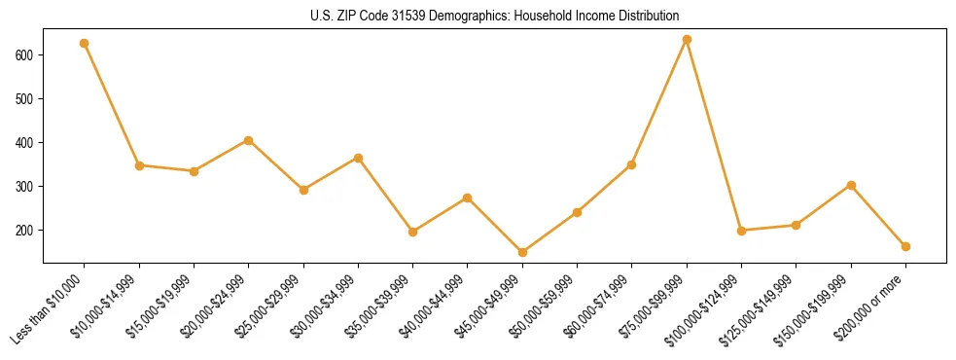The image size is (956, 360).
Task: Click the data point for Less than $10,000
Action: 85,43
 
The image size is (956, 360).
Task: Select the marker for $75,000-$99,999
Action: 687,39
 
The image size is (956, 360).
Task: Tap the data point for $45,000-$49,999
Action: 522,252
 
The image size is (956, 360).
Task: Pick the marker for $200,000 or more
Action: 905,246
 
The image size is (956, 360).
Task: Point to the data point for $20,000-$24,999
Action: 249,140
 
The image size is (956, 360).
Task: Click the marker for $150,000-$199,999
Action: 851,185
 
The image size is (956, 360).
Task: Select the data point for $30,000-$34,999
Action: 358,158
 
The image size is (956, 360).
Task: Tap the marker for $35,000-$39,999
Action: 413,232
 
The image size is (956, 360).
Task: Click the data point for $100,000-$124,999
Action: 741,231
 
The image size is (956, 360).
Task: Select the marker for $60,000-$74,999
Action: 632,164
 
